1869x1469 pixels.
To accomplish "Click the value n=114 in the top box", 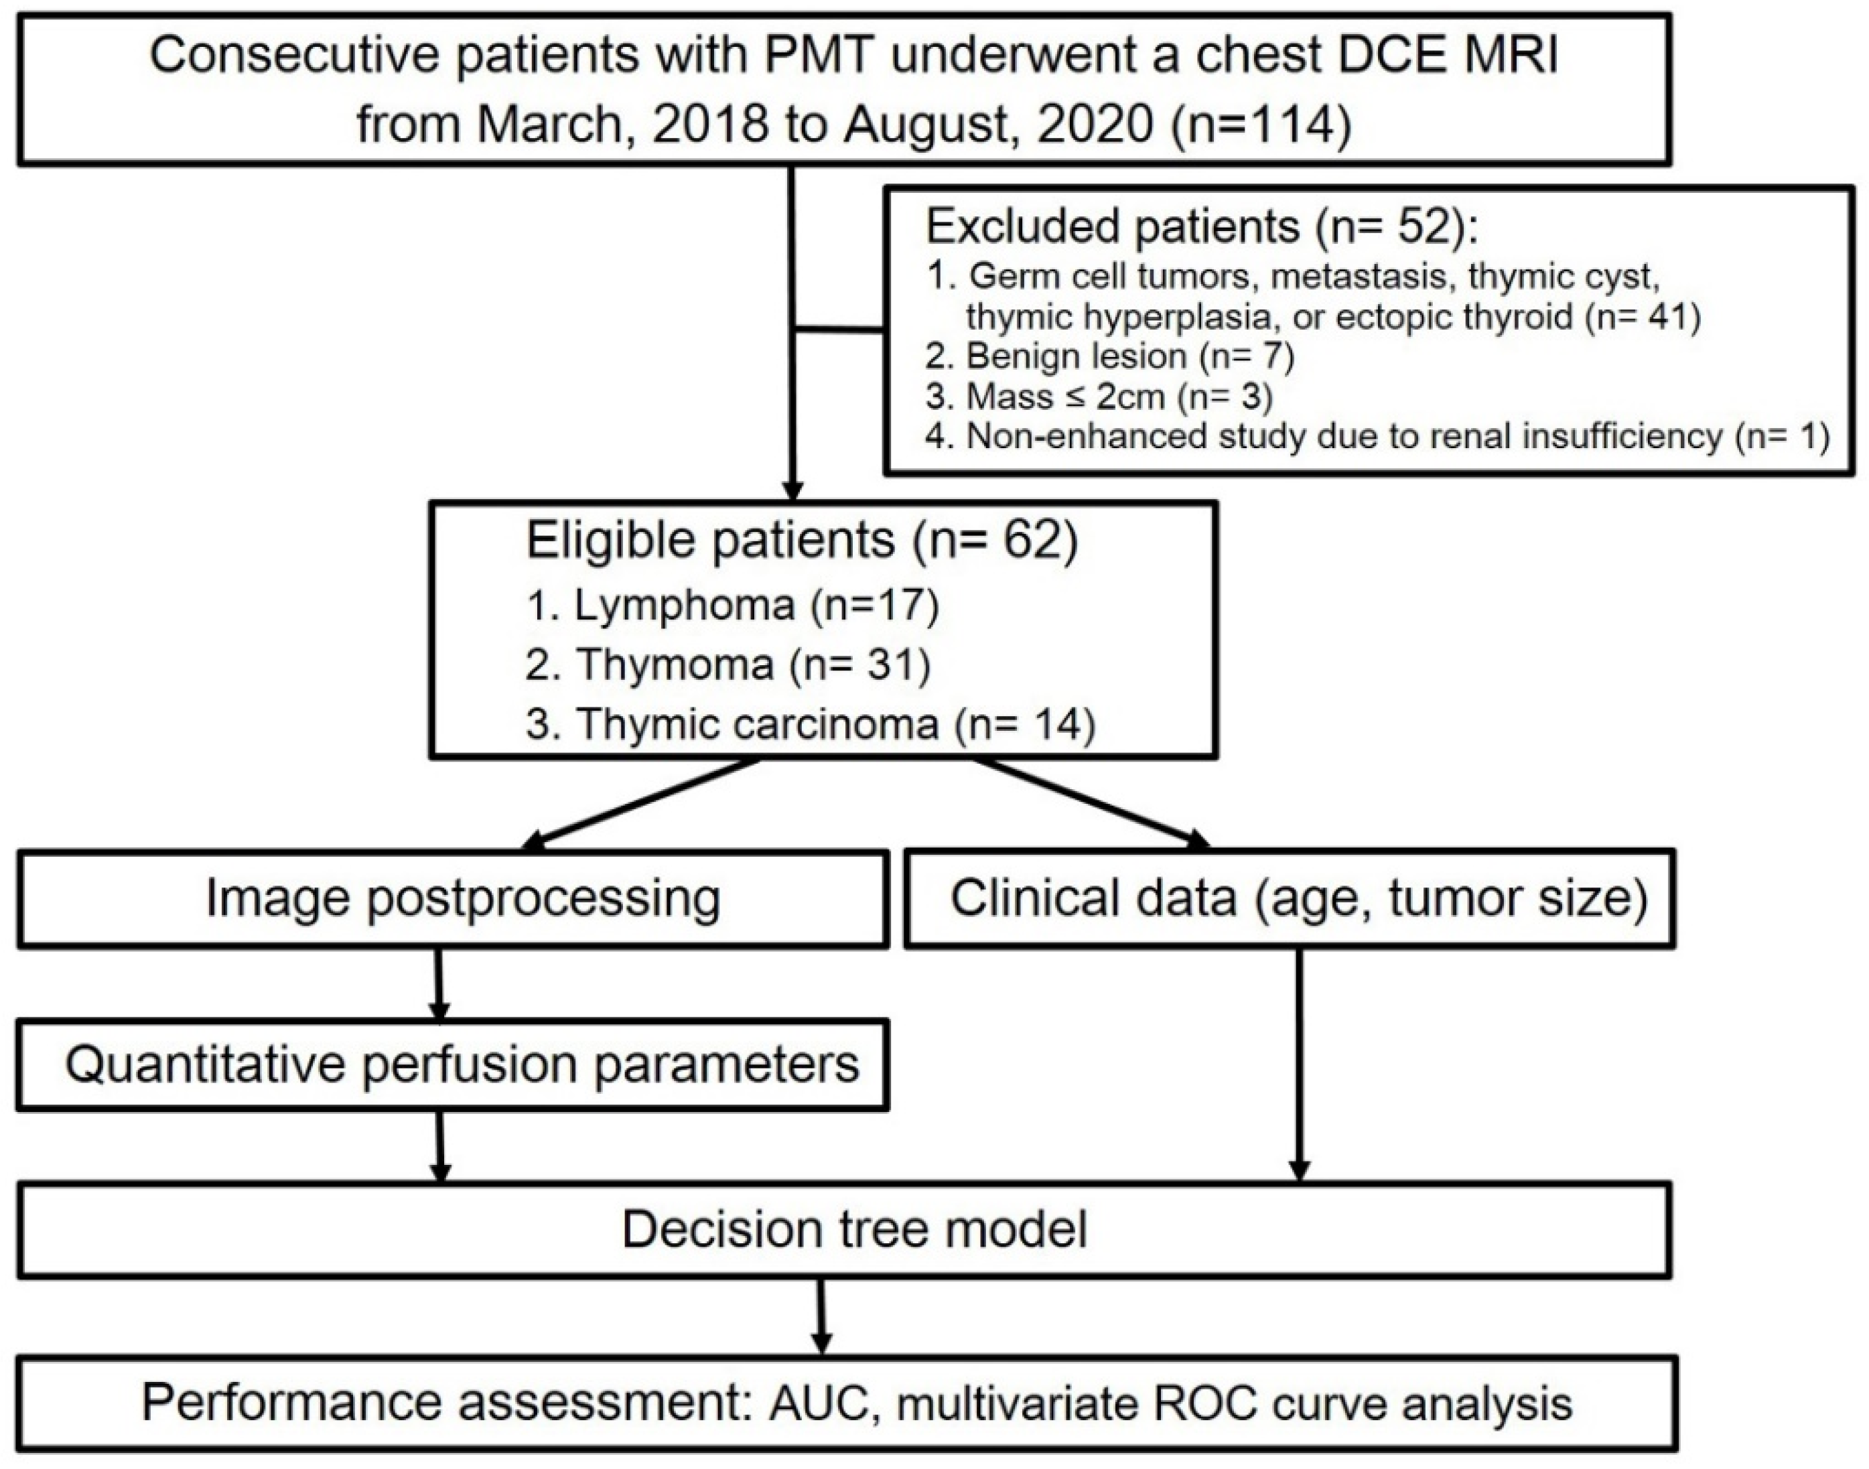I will coord(1261,125).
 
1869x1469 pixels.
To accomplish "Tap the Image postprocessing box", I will coord(463,900).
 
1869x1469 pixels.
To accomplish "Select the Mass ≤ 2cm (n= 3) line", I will coord(1118,397).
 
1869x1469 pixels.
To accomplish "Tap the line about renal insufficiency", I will coord(1376,437).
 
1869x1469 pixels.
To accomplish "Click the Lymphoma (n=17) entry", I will coord(732,606).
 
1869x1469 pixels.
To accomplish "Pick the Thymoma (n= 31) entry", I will coord(728,664).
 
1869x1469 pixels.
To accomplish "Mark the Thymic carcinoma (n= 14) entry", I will coord(810,723).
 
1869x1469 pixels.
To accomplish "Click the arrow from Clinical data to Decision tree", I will coord(1299,1066).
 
